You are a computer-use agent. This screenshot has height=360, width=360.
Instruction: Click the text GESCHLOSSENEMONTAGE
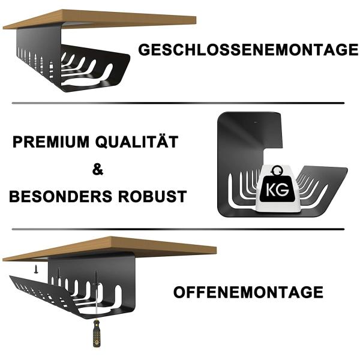tap(248, 50)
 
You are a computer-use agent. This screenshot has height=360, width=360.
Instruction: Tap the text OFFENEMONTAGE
tap(248, 293)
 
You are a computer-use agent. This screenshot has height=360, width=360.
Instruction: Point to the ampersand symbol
tap(98, 170)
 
